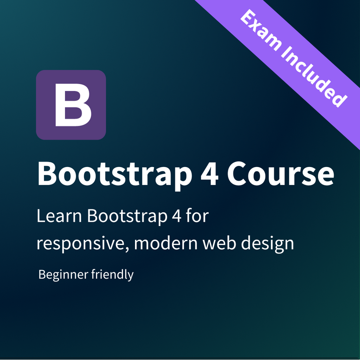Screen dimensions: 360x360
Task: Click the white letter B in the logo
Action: pyautogui.click(x=73, y=105)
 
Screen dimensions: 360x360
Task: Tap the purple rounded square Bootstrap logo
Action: pyautogui.click(x=46, y=81)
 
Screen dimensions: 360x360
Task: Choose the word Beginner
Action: pyautogui.click(x=63, y=275)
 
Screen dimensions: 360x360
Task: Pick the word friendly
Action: pyautogui.click(x=112, y=275)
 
